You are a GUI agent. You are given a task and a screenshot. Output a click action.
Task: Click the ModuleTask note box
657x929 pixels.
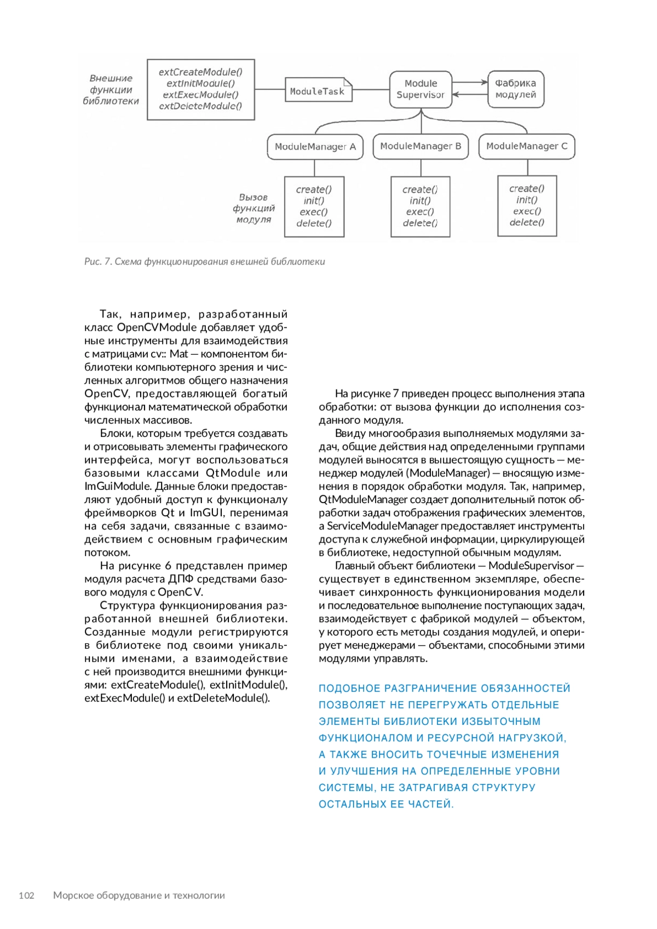[318, 91]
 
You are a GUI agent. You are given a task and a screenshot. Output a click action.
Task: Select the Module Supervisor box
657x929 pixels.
[420, 89]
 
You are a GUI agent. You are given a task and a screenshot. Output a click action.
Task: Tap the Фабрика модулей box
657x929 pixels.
[516, 89]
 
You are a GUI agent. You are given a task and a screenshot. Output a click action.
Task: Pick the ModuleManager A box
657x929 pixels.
[315, 147]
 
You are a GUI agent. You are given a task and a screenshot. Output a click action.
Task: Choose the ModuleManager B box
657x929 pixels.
[420, 146]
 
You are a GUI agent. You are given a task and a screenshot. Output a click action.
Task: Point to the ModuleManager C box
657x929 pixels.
[527, 146]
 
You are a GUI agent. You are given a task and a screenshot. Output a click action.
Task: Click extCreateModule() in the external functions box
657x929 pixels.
[200, 72]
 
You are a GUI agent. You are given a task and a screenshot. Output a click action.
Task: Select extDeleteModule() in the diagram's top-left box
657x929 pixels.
[200, 106]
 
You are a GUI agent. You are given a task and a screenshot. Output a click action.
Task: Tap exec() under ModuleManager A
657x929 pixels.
[314, 212]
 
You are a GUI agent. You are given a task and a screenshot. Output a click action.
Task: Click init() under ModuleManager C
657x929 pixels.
[527, 200]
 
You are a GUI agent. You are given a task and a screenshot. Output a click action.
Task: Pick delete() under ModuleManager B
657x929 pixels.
[420, 223]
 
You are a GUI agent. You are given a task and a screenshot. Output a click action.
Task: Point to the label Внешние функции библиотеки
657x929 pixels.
[111, 90]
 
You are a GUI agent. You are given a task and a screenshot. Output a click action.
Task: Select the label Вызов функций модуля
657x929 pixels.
[253, 208]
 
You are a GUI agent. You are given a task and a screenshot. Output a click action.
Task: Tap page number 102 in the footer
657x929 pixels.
[26, 896]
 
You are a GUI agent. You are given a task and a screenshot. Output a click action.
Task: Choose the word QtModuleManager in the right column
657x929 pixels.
[363, 499]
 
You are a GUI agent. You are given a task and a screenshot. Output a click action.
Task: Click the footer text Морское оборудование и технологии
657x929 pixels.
[139, 896]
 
